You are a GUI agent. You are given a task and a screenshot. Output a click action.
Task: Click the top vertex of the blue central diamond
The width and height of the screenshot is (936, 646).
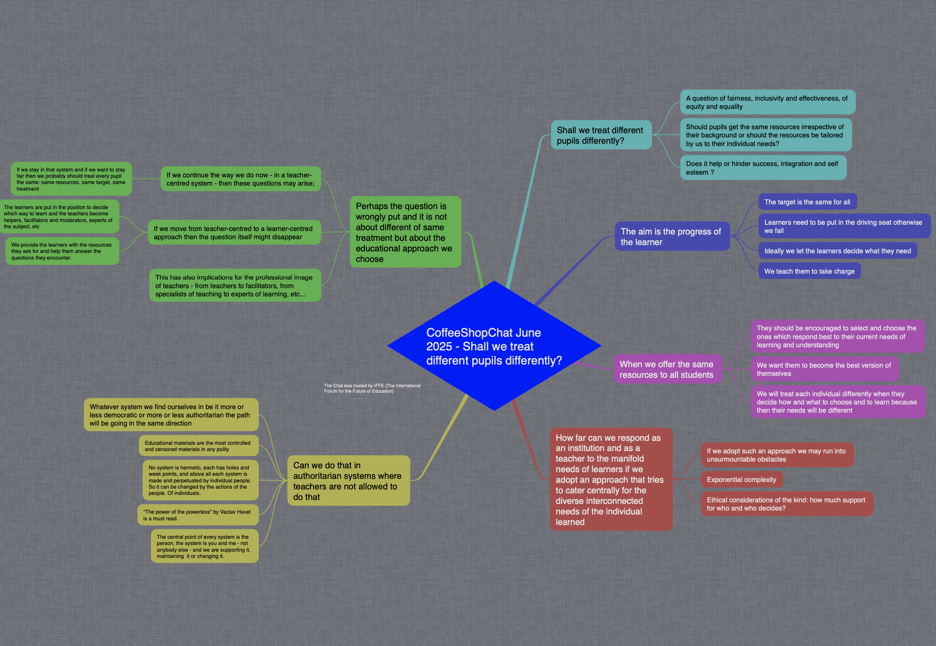pos(494,281)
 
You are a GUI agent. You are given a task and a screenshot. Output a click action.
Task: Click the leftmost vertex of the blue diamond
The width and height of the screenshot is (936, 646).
pos(388,346)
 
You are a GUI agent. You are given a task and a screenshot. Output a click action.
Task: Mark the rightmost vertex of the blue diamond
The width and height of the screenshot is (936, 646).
pos(601,346)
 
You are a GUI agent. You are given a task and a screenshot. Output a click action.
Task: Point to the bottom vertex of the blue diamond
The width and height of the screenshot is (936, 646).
pos(494,410)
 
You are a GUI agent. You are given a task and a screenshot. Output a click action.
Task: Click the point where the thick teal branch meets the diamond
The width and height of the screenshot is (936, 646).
pos(508,289)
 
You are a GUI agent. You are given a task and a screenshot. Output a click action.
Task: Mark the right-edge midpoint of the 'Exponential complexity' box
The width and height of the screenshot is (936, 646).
pos(783,480)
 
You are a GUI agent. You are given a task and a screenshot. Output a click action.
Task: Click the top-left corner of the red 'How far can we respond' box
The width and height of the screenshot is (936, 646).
pos(550,428)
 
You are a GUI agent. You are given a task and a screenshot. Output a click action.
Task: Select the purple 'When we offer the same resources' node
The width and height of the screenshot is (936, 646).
pos(668,369)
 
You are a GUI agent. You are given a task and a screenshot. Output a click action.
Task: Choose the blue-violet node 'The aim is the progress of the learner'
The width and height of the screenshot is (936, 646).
pos(672,236)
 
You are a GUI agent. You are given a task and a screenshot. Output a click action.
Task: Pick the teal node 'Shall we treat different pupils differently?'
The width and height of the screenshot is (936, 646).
pos(601,135)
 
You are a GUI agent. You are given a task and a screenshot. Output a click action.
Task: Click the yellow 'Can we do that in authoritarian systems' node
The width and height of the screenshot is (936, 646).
pos(348,480)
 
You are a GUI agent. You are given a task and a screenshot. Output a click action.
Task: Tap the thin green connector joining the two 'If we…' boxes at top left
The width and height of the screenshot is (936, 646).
pos(147,179)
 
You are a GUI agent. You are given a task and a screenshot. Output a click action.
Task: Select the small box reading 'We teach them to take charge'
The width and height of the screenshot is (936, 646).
pos(809,271)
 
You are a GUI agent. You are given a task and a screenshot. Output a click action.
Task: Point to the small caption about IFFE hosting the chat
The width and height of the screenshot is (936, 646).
pos(372,388)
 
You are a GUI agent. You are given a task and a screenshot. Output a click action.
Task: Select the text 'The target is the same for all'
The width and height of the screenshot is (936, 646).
pos(807,202)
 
